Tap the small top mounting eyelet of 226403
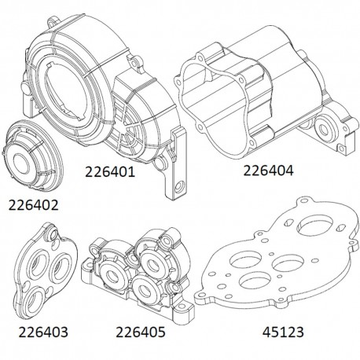(x=51, y=234)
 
